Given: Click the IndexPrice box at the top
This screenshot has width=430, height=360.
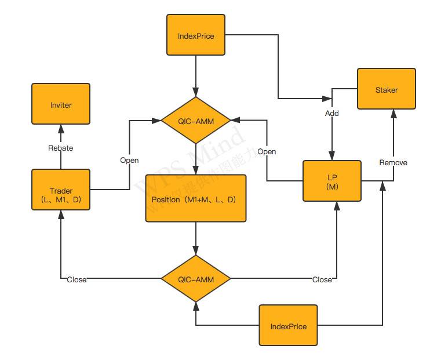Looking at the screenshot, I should coord(196,36).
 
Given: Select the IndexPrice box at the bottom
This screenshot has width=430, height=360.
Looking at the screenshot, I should coord(289,326).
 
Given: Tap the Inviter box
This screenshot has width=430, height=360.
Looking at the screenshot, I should coord(61,105).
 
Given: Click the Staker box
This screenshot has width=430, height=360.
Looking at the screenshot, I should coord(387,89).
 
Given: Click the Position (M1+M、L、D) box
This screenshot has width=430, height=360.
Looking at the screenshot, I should coord(196,199).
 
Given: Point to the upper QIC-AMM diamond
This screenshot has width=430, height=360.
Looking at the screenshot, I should coord(196,120).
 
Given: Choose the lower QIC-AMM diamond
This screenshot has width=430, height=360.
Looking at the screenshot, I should coord(196,279).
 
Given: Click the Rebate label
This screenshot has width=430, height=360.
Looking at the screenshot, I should coord(61,148).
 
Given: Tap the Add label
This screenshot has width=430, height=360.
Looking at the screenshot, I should coord(332,113).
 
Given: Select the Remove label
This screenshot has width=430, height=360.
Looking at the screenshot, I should coord(393,162).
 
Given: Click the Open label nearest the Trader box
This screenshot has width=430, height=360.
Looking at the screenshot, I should coord(129,159).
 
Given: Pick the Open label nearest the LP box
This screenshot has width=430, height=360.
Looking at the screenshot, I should coord(267,151).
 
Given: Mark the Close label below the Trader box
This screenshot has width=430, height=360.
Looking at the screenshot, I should coord(76,279).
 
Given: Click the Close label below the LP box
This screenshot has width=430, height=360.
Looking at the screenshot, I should coord(322,279).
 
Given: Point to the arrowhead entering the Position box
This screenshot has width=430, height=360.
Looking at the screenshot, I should coord(196,170).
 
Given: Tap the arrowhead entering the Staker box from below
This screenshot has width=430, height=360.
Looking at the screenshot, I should coord(393,113).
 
